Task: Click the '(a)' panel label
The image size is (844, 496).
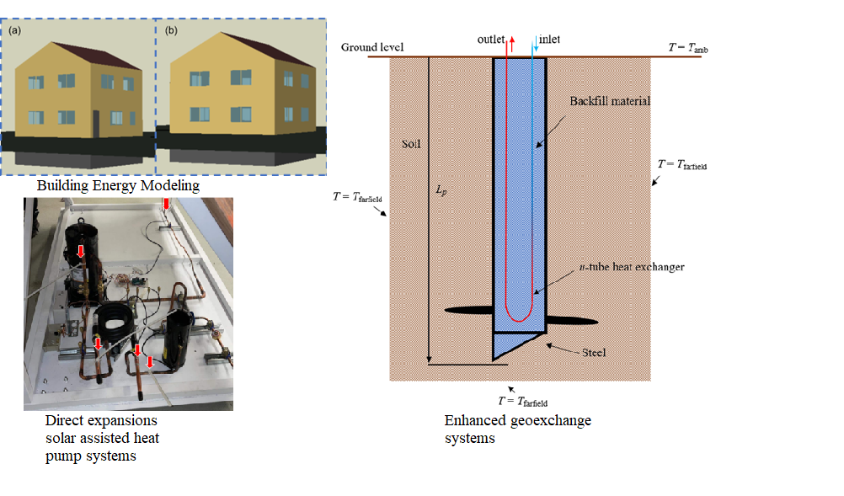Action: (x=16, y=30)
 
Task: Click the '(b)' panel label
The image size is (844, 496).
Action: (x=172, y=30)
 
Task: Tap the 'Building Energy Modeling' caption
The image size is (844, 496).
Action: (x=118, y=185)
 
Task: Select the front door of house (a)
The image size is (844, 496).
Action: (x=96, y=125)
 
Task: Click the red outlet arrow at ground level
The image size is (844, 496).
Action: (x=508, y=46)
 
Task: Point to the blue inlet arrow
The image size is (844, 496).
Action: (x=535, y=46)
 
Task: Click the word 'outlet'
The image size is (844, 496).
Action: (x=491, y=40)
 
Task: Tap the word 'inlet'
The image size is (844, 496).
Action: (x=549, y=40)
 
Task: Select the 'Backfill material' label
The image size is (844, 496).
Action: (x=611, y=100)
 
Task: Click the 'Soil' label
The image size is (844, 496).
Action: (x=410, y=144)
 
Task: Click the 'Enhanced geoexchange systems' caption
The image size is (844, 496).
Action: (x=517, y=429)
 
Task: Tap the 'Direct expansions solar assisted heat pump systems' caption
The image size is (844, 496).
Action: (x=102, y=438)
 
